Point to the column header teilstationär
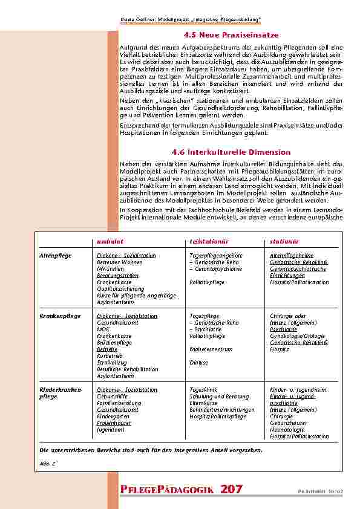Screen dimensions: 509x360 pyautogui.click(x=209, y=241)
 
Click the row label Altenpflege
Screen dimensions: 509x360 pyautogui.click(x=56, y=256)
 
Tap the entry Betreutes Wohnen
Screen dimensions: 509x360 pyautogui.click(x=117, y=262)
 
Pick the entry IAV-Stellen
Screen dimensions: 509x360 pyautogui.click(x=110, y=268)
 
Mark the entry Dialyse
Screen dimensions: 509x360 pyautogui.click(x=198, y=363)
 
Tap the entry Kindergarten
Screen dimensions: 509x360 pyautogui.click(x=114, y=417)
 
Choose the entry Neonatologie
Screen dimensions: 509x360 pyautogui.click(x=288, y=430)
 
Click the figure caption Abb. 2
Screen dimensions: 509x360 pyautogui.click(x=48, y=462)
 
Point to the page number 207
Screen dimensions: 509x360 pyautogui.click(x=233, y=489)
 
